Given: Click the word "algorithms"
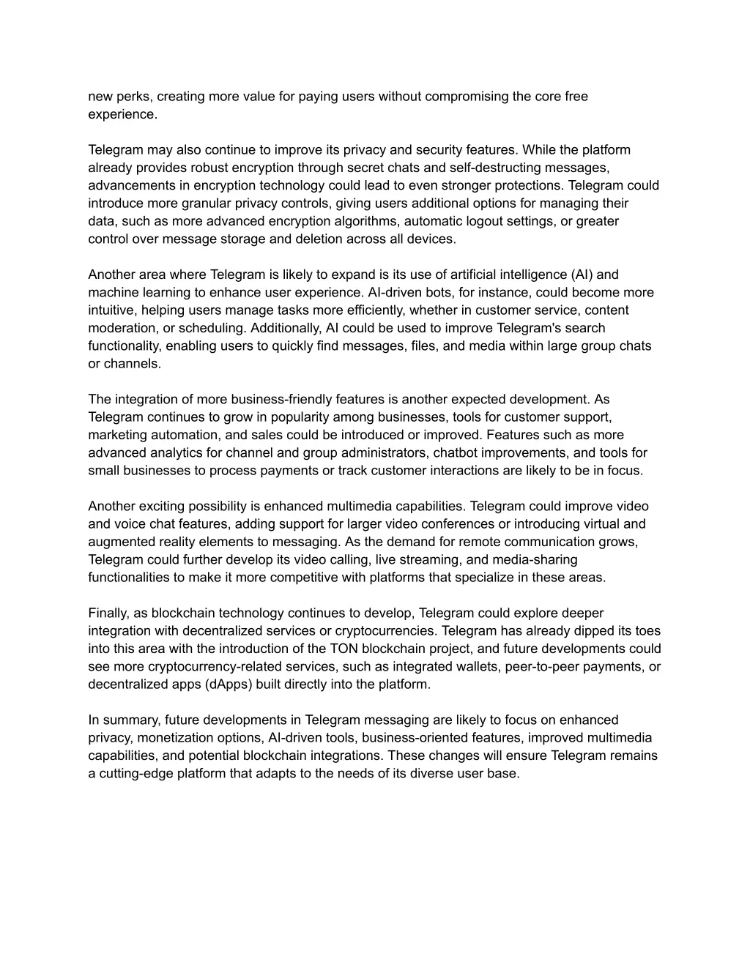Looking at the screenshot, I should [369, 221].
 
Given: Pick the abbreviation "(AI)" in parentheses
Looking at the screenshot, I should [584, 275].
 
